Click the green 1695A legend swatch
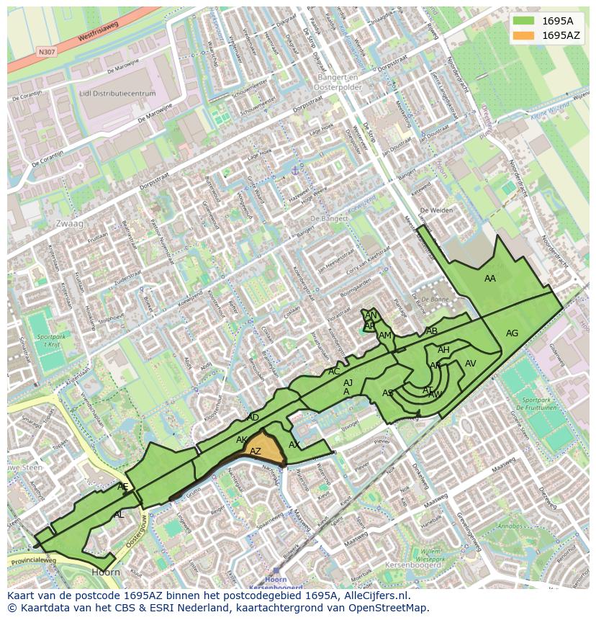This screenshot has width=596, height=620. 523,21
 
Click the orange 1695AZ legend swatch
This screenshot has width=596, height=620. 523,35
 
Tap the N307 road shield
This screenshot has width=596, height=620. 47,52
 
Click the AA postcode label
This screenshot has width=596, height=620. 490,279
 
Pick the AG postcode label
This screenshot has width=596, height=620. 512,333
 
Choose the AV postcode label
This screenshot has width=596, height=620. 471,364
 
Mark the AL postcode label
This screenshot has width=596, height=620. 119,515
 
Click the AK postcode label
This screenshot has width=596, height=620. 242,440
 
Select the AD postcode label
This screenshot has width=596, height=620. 253,418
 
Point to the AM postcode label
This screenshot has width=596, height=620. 385,336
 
